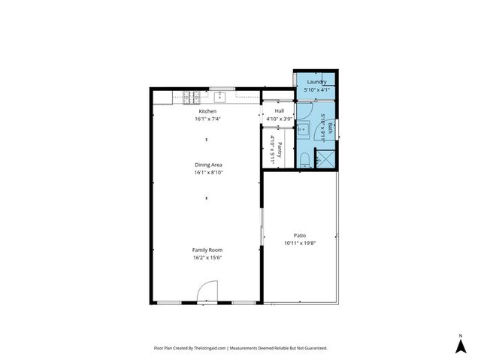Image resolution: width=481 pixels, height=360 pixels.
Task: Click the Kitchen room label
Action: [207, 111]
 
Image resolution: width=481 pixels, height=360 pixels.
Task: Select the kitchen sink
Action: [220, 96]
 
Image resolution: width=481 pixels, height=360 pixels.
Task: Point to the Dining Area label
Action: [207, 165]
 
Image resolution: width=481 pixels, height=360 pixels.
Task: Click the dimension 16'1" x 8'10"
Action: [207, 173]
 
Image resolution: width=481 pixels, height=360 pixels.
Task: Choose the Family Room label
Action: [207, 250]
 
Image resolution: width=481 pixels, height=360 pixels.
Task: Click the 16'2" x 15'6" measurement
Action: [207, 258]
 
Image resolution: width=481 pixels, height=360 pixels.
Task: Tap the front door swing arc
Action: [207, 291]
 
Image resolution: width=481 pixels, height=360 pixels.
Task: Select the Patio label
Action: [299, 235]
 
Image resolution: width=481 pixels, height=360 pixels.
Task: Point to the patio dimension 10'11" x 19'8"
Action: [299, 244]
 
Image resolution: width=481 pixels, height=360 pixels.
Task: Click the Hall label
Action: [279, 111]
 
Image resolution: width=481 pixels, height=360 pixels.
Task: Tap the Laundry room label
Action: [316, 81]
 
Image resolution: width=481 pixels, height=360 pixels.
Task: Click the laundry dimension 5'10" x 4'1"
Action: [316, 89]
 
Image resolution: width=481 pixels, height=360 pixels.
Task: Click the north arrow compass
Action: [460, 344]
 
